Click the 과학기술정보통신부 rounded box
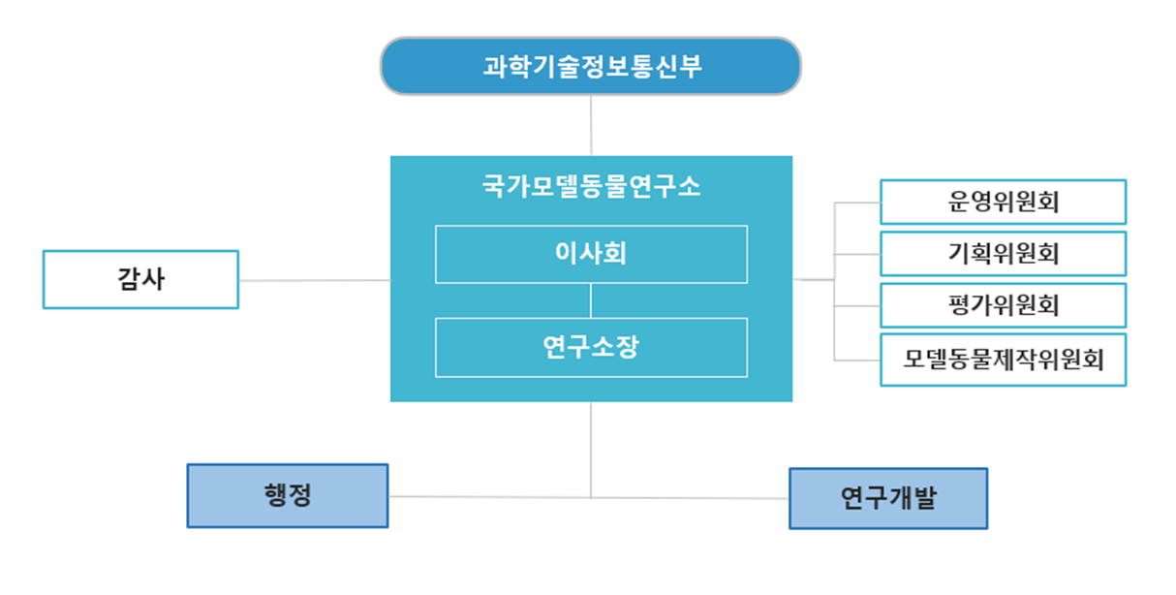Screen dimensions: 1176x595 pyautogui.click(x=591, y=66)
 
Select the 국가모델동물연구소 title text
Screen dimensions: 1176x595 pyautogui.click(x=591, y=186)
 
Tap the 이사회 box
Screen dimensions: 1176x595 pyautogui.click(x=591, y=254)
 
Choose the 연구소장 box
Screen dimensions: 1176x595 pyautogui.click(x=591, y=347)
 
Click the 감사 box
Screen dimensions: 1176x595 pyautogui.click(x=140, y=279)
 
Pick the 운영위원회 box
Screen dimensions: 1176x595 pyautogui.click(x=1004, y=203)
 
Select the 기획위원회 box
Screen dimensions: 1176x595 pyautogui.click(x=1004, y=254)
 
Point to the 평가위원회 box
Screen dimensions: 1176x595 pyautogui.click(x=1004, y=305)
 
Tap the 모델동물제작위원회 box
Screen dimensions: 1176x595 pyautogui.click(x=1004, y=360)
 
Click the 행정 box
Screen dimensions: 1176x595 pyautogui.click(x=288, y=496)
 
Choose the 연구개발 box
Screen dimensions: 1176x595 pyautogui.click(x=888, y=498)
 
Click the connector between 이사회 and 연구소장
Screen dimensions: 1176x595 pyautogui.click(x=591, y=300)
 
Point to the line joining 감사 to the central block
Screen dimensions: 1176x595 pyautogui.click(x=315, y=280)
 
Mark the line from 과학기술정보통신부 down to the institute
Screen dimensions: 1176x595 pyautogui.click(x=591, y=126)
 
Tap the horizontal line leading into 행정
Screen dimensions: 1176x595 pyautogui.click(x=490, y=497)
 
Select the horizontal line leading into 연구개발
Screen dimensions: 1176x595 pyautogui.click(x=690, y=498)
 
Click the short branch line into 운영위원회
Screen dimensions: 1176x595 pyautogui.click(x=857, y=203)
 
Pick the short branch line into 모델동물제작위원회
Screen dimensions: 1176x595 pyautogui.click(x=857, y=360)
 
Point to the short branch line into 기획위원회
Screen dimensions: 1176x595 pyautogui.click(x=857, y=255)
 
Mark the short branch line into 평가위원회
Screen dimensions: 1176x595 pyautogui.click(x=857, y=306)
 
